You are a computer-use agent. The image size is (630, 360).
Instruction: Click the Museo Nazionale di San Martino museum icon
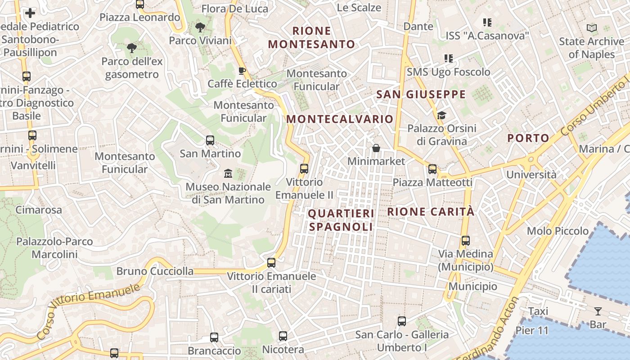[x=228, y=173]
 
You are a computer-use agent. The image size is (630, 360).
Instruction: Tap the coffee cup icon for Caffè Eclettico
[x=242, y=71]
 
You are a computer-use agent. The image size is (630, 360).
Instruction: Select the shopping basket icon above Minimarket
[x=376, y=148]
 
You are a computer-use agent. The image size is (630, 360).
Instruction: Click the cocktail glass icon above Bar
[x=598, y=310]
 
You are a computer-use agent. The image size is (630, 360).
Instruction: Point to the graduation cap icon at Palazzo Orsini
[x=441, y=116]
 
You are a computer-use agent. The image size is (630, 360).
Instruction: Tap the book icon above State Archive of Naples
[x=592, y=28]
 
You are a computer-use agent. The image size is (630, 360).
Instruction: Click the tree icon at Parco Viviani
[x=200, y=27]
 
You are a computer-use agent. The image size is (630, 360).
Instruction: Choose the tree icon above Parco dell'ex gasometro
[x=131, y=48]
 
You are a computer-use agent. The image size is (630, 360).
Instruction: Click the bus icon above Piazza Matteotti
[x=432, y=169]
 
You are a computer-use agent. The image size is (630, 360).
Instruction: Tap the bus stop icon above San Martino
[x=210, y=140]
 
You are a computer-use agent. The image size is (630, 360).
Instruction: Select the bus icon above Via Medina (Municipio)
[x=466, y=241]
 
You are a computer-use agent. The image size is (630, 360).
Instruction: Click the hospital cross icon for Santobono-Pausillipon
[x=30, y=13]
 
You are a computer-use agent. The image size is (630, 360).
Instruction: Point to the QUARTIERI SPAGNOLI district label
[x=341, y=220]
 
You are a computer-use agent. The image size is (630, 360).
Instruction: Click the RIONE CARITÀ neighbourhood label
[x=431, y=211]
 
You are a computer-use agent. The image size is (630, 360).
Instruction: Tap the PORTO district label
[x=528, y=138]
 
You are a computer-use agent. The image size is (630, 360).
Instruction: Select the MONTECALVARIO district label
[x=340, y=119]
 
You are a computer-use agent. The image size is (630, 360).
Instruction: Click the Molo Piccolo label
[x=558, y=231]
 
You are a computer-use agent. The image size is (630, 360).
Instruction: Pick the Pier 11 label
[x=532, y=330]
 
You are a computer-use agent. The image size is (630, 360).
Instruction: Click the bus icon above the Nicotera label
[x=283, y=336]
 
